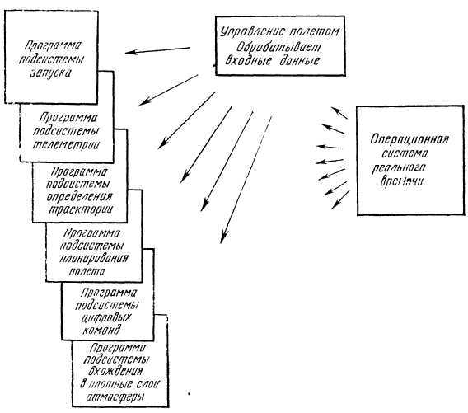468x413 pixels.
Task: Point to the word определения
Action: pos(81,197)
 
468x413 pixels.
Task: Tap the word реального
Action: pos(409,165)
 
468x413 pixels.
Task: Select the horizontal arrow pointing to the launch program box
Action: pos(160,51)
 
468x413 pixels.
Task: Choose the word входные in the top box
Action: pos(252,61)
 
